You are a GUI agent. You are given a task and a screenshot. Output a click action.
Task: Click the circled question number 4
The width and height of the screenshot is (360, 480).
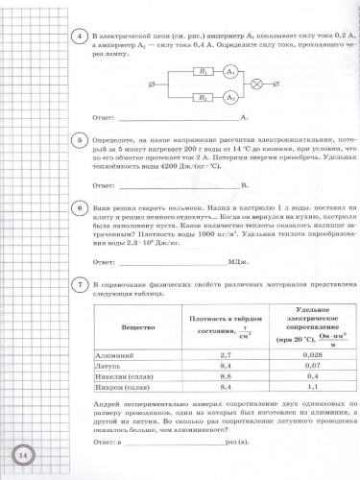click(x=84, y=35)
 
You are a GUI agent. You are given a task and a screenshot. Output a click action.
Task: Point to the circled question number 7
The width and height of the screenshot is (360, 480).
click(x=84, y=285)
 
